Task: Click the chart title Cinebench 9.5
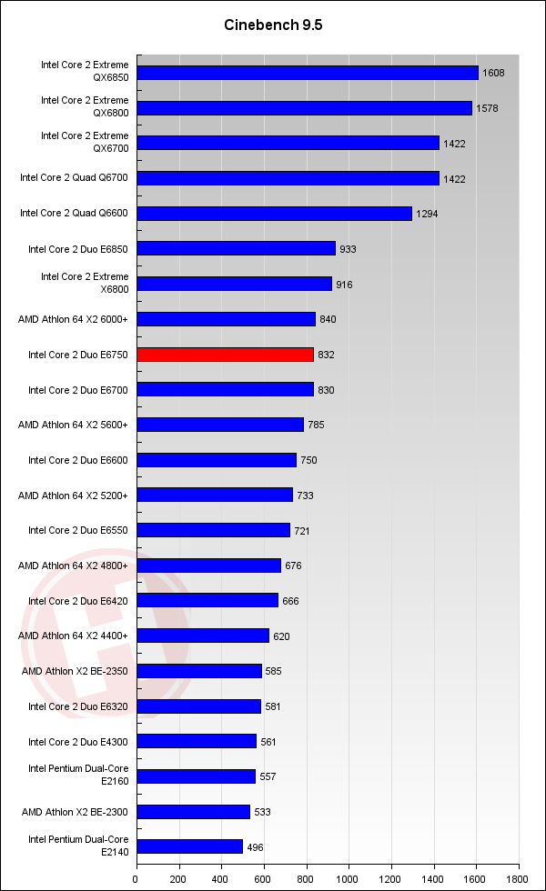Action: pos(273,25)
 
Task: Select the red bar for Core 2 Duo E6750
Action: pos(226,355)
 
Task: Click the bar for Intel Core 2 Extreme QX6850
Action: pos(308,73)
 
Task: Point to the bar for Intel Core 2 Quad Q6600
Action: pos(274,214)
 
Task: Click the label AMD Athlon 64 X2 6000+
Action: pos(74,319)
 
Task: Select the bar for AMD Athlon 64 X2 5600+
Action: pos(220,425)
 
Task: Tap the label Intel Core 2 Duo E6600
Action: pos(78,460)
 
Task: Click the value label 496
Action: pos(255,847)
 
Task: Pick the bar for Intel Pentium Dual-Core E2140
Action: pos(189,846)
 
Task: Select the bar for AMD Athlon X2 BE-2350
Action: pos(199,671)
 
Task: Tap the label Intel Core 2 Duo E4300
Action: pos(78,742)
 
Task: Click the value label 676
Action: pos(293,566)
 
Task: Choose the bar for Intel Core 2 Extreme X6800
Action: pos(234,284)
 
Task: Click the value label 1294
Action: pos(426,215)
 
